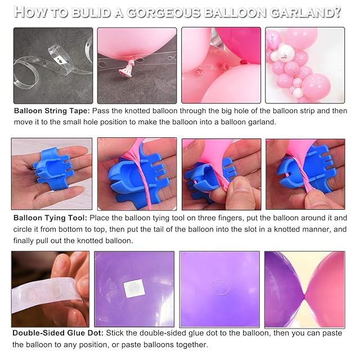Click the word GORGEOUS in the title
click(163, 12)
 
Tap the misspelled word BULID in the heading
click(91, 12)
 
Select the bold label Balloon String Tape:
click(52, 111)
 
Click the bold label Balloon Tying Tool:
click(50, 218)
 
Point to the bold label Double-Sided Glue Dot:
click(58, 333)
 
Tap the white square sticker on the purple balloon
click(134, 288)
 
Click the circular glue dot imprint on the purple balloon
click(220, 287)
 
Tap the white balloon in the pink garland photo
click(285, 52)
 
